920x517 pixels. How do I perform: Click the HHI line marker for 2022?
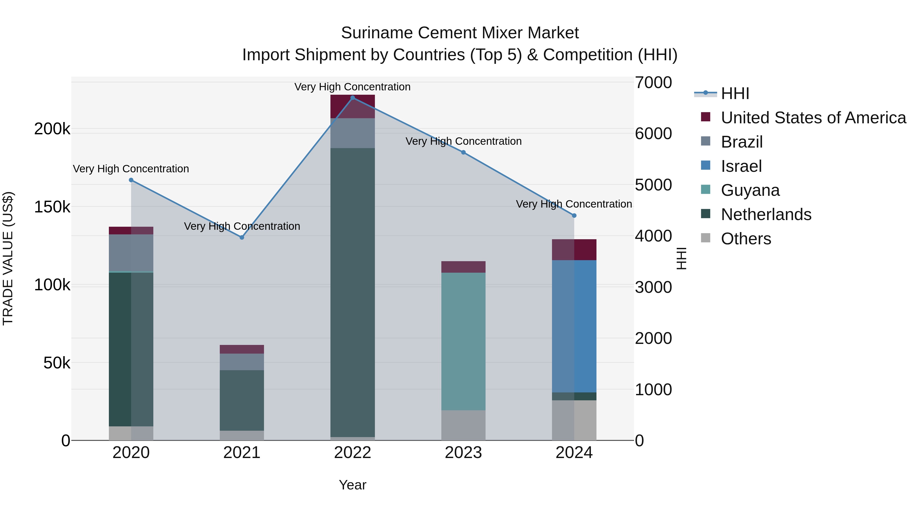(352, 98)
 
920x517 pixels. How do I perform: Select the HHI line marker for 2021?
(242, 237)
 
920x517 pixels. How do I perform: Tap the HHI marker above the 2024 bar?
(574, 215)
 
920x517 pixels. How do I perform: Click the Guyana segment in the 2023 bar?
(463, 341)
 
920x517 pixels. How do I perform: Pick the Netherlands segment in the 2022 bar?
(352, 292)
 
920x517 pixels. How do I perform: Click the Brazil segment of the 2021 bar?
(242, 362)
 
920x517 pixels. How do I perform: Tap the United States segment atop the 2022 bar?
(352, 106)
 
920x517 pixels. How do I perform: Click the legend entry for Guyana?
(750, 190)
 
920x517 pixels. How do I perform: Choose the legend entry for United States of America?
(813, 118)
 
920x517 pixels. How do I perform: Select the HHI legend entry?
(735, 93)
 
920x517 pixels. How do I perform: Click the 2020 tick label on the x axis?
(131, 453)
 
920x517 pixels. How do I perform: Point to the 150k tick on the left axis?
(52, 207)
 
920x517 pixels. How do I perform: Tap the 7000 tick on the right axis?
(653, 82)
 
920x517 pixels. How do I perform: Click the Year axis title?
(352, 485)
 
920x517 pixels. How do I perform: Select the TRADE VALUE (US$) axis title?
(8, 258)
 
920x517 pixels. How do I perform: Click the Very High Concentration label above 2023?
(463, 141)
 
